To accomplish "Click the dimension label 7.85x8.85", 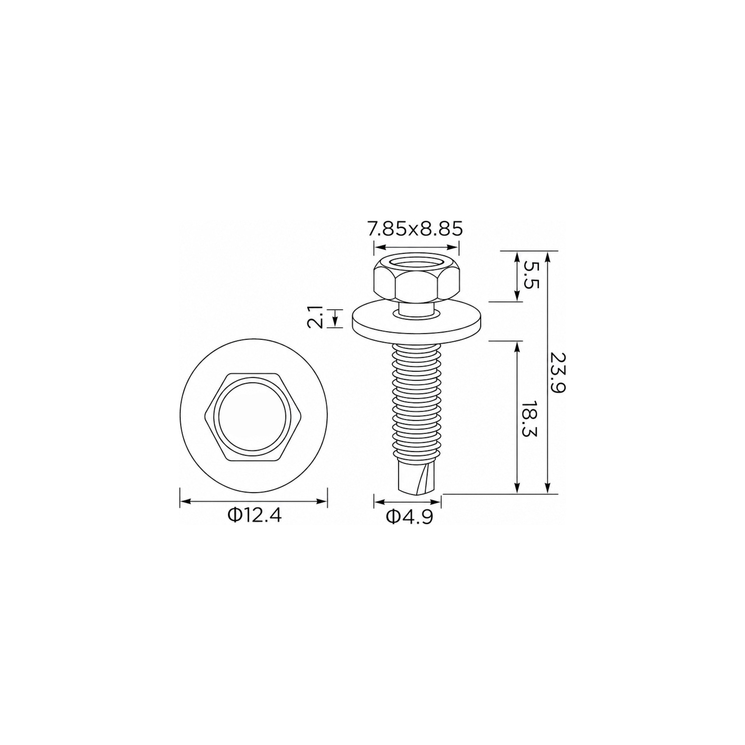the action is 415,229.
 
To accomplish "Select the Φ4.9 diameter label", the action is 409,517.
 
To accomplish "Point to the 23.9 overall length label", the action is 558,372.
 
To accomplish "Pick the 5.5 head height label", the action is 531,275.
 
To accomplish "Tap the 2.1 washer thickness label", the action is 315,317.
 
